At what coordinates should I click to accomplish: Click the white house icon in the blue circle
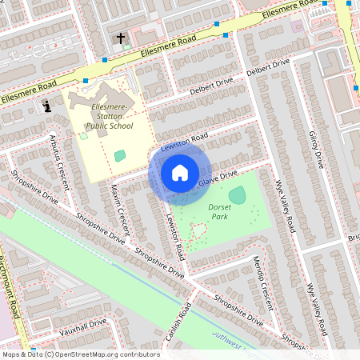[x=180, y=173]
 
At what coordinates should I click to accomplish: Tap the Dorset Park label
[x=219, y=212]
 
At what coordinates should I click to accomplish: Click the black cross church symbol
[x=122, y=38]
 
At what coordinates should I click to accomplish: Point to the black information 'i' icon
[x=47, y=105]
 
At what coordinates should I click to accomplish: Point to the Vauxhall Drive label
[x=80, y=326]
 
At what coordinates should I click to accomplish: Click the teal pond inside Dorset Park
[x=237, y=194]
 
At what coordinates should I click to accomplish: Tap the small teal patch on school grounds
[x=120, y=156]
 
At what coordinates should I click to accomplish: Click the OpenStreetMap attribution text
[x=80, y=354]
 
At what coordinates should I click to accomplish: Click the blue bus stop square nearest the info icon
[x=85, y=81]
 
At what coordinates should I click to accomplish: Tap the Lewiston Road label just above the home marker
[x=184, y=143]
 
